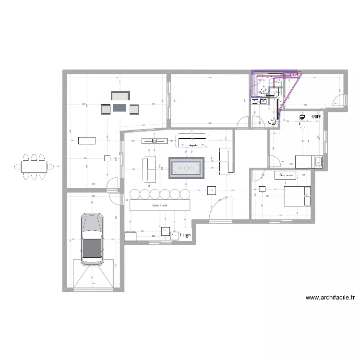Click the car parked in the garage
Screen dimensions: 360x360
[x=92, y=239]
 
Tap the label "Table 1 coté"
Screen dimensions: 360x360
[x=159, y=205]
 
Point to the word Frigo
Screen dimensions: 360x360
[x=185, y=235]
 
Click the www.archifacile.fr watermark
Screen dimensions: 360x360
[x=330, y=298]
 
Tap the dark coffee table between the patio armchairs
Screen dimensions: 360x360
[x=119, y=109]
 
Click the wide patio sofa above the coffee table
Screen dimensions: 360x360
[x=120, y=96]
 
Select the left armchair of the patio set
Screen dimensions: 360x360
[x=105, y=110]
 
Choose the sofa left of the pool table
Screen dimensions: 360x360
[x=149, y=169]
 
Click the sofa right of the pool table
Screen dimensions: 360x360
[x=226, y=161]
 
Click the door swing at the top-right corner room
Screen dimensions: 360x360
[x=339, y=100]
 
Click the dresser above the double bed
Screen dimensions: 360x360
[x=285, y=175]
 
